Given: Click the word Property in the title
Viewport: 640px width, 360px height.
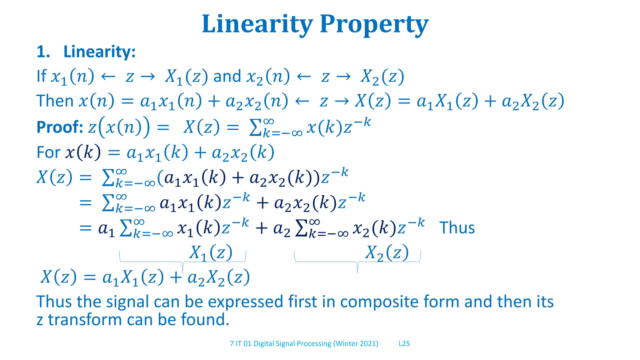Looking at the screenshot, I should click(x=374, y=24).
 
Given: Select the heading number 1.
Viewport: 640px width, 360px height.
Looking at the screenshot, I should click(x=43, y=52).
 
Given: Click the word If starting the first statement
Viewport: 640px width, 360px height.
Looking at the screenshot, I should click(x=41, y=76).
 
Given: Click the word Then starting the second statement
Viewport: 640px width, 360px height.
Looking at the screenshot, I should click(x=55, y=101).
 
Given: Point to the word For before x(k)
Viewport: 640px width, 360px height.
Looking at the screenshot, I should click(x=48, y=152).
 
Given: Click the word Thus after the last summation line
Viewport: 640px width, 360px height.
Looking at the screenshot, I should click(x=457, y=227).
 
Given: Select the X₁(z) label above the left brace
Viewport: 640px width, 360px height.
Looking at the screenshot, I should click(x=211, y=252).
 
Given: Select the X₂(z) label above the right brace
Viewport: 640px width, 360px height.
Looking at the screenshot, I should click(x=387, y=252).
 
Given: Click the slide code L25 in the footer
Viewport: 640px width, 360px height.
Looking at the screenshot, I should click(x=404, y=344).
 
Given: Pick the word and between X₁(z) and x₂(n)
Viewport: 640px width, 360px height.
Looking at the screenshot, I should click(x=227, y=76).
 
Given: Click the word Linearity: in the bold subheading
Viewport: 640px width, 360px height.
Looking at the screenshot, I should click(x=99, y=52).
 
